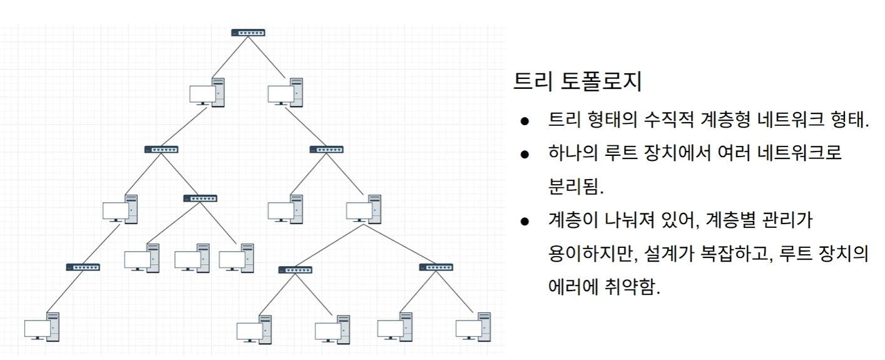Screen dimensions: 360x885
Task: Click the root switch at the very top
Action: [x=248, y=33]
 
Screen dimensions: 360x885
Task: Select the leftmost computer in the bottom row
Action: [x=42, y=327]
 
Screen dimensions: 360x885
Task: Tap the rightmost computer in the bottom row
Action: [x=473, y=327]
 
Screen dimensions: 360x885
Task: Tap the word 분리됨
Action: [x=576, y=187]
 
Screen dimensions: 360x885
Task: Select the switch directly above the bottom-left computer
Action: [x=83, y=267]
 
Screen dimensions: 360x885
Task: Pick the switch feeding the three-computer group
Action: [x=200, y=198]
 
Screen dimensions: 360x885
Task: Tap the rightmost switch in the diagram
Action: [x=436, y=267]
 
